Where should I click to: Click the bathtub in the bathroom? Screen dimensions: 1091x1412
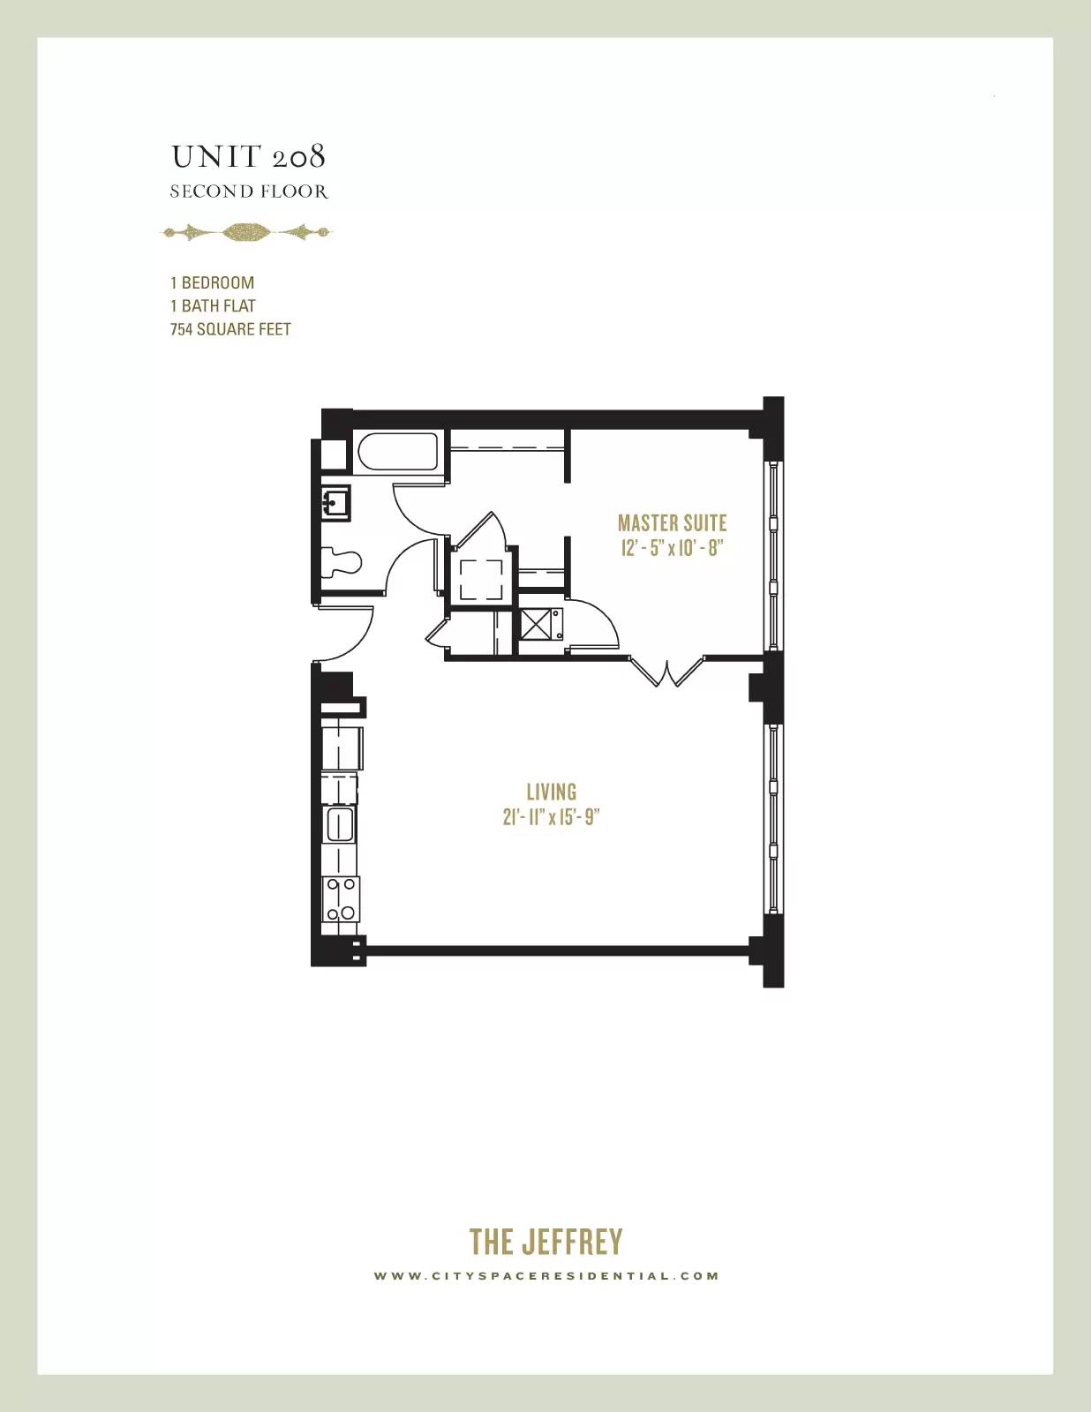[x=398, y=451]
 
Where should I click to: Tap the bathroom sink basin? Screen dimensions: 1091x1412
[x=336, y=502]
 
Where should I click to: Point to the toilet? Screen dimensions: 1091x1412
[x=341, y=562]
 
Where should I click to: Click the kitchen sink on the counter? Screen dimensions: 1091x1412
[x=340, y=825]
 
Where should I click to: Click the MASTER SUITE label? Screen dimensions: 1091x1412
[x=672, y=523]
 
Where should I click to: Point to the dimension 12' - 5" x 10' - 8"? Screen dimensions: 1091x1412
[x=672, y=548]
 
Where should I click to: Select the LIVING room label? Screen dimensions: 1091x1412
[x=551, y=792]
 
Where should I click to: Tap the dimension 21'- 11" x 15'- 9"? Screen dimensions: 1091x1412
[x=551, y=817]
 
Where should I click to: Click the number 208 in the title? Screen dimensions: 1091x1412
[x=298, y=156]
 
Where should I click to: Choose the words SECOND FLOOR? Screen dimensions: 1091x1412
[x=249, y=192]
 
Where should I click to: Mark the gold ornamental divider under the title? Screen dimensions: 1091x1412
[x=247, y=232]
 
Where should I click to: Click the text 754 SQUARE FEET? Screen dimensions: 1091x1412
[x=230, y=329]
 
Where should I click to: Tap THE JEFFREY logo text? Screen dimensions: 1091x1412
[x=545, y=1242]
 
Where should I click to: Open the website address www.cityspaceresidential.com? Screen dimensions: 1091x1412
[x=545, y=1276]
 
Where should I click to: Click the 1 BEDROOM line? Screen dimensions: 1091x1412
[x=213, y=282]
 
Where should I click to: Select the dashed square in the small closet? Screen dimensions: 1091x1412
[x=481, y=579]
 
